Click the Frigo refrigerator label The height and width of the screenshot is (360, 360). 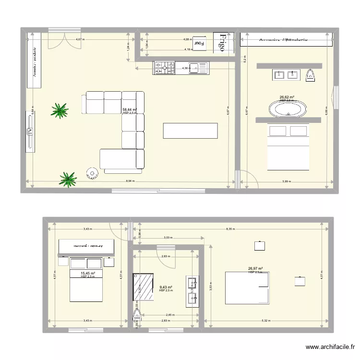tap(222, 42)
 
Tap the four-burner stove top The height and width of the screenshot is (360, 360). tap(164, 68)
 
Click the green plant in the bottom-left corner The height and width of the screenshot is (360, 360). tap(68, 179)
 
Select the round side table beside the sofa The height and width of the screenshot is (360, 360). tap(91, 173)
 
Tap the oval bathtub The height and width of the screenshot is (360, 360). tap(288, 108)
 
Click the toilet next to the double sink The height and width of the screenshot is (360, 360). tap(311, 74)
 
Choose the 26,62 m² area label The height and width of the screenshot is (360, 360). tap(287, 97)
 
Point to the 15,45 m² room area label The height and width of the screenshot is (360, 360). tap(87, 274)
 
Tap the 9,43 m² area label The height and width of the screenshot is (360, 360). tap(166, 288)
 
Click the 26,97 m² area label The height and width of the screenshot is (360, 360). tap(255, 269)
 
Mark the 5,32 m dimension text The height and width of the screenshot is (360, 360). tap(265, 321)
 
